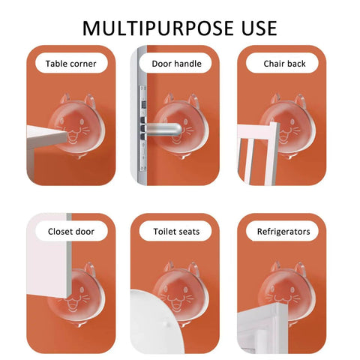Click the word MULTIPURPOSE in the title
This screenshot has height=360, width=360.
(x=158, y=28)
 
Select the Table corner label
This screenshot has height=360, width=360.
(x=71, y=64)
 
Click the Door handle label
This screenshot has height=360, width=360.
(x=177, y=64)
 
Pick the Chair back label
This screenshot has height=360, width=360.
(x=284, y=64)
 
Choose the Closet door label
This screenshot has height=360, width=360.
(x=71, y=232)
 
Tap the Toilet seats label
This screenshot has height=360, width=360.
(x=177, y=232)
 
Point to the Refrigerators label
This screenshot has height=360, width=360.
(x=283, y=232)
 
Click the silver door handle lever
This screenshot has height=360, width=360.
(x=164, y=130)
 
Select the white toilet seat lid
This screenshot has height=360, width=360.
(x=155, y=322)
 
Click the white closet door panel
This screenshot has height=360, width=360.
(x=47, y=256)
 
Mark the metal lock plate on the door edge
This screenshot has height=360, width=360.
(x=142, y=128)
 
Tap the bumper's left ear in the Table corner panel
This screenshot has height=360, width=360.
(x=65, y=98)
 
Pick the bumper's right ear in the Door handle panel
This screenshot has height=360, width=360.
(x=194, y=101)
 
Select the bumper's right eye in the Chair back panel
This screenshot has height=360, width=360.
(x=292, y=121)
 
